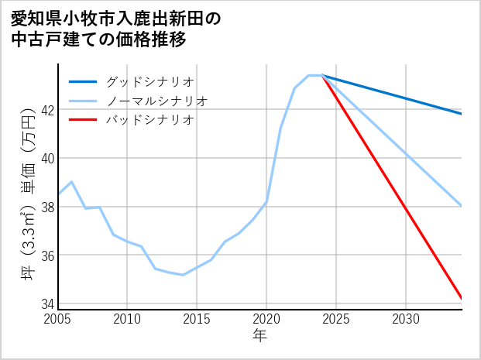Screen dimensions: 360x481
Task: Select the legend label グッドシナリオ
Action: click(149, 81)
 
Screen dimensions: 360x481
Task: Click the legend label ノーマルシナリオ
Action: click(157, 101)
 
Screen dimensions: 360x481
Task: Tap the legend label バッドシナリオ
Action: click(149, 120)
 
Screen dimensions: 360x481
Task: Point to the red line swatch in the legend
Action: click(83, 120)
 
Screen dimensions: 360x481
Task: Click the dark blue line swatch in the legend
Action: click(83, 81)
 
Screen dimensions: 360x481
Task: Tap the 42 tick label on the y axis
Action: click(47, 110)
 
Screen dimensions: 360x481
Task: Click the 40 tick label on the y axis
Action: click(47, 158)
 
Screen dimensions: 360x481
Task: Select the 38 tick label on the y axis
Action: click(47, 207)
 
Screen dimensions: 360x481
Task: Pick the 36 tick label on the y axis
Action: click(47, 255)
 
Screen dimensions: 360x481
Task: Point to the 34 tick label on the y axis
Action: click(47, 303)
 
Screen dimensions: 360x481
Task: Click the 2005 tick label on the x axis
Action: click(58, 319)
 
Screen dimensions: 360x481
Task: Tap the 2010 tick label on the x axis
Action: click(128, 319)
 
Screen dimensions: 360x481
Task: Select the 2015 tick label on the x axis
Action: click(197, 319)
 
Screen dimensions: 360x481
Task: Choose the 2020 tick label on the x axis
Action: click(266, 319)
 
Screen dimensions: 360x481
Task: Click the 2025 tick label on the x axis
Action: click(336, 319)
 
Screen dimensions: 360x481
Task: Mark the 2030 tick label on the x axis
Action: click(405, 319)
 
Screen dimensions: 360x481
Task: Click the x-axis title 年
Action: click(260, 336)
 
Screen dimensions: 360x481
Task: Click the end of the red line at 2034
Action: click(461, 298)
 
